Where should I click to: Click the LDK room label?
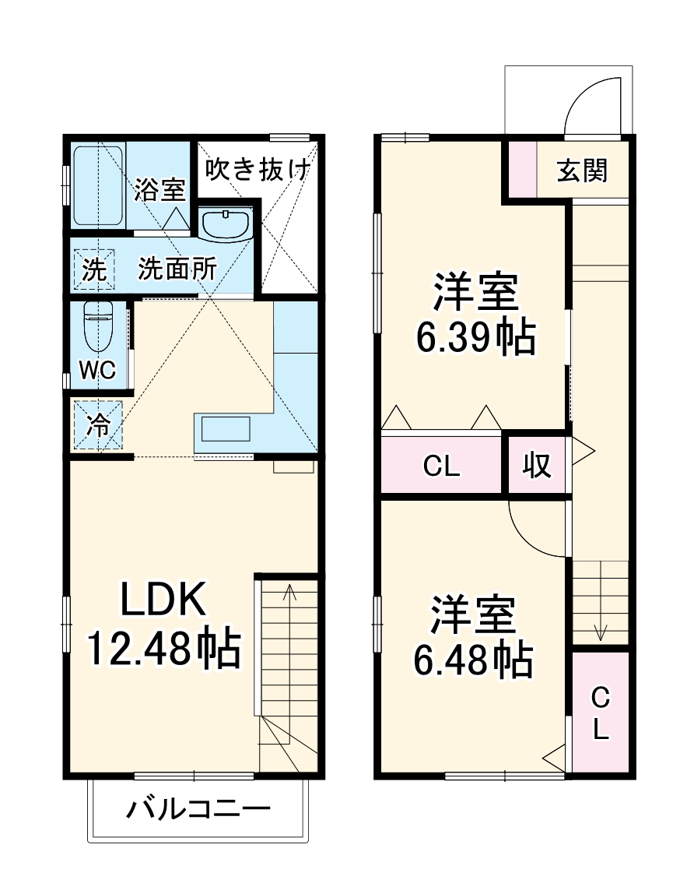coord(163,600)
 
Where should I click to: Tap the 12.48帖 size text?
coord(163,648)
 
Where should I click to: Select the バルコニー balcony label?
coord(198,810)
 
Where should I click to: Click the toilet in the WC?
coord(99,330)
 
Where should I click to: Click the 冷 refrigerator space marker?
coord(98,424)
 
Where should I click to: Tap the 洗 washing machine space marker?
coord(93,269)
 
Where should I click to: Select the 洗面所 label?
coord(177,269)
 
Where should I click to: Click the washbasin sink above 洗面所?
coord(225,225)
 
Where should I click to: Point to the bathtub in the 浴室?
coord(97,187)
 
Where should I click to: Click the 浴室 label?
coord(159,190)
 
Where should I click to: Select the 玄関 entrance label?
coord(582,169)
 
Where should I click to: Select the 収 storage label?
coord(536,465)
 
